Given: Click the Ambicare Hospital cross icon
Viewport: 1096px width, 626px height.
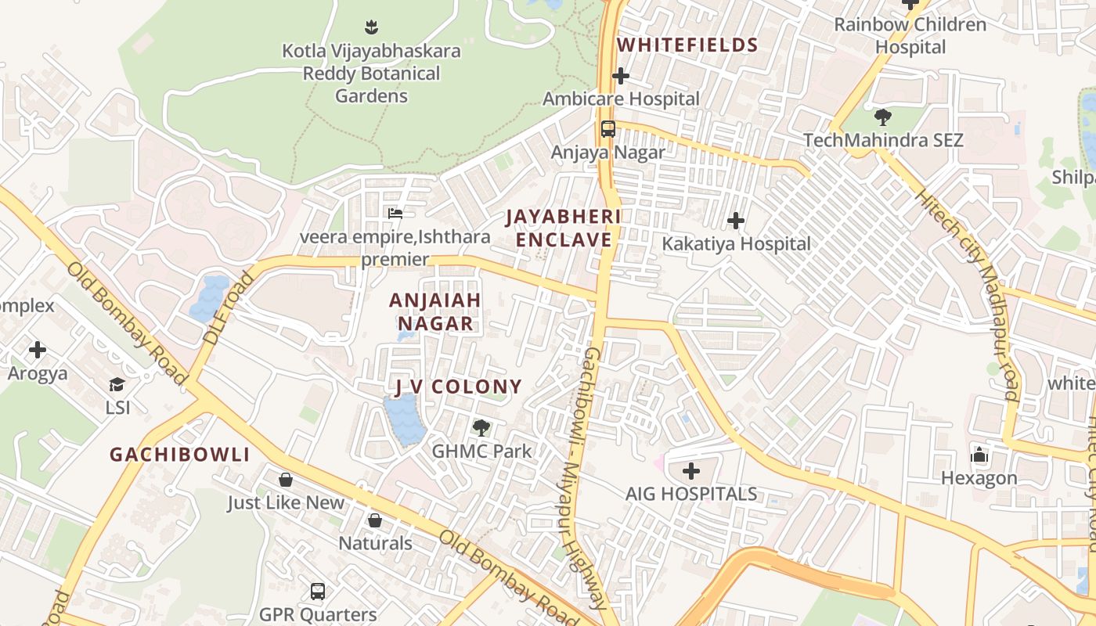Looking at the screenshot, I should (621, 76).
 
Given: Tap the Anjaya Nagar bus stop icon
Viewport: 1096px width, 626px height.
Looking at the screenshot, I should (607, 129).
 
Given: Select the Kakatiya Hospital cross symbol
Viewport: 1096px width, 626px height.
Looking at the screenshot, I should (736, 221).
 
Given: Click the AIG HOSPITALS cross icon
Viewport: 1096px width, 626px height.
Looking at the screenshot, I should (691, 471).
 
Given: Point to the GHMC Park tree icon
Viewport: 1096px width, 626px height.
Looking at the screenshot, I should (481, 428).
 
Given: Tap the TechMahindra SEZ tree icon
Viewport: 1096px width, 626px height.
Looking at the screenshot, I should (883, 117).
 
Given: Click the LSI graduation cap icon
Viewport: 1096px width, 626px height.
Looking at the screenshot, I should (117, 384).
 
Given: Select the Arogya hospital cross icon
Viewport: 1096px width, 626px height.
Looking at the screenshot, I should (37, 350).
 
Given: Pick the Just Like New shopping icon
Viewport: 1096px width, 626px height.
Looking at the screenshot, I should (286, 479).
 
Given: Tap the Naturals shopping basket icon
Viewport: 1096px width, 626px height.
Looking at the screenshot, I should (375, 520).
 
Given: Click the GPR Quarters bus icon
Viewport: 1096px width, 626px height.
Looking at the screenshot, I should (318, 592).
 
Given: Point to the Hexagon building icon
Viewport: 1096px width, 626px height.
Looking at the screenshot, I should (979, 455).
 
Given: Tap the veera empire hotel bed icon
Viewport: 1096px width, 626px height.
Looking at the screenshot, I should (395, 213).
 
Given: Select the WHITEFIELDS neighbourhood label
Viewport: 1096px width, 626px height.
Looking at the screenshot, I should (687, 45).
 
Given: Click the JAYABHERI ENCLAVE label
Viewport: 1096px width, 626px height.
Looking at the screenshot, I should (563, 228).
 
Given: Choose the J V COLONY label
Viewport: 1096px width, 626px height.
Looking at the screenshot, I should (457, 387).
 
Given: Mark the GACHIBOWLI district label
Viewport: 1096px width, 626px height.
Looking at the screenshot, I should (179, 455).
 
